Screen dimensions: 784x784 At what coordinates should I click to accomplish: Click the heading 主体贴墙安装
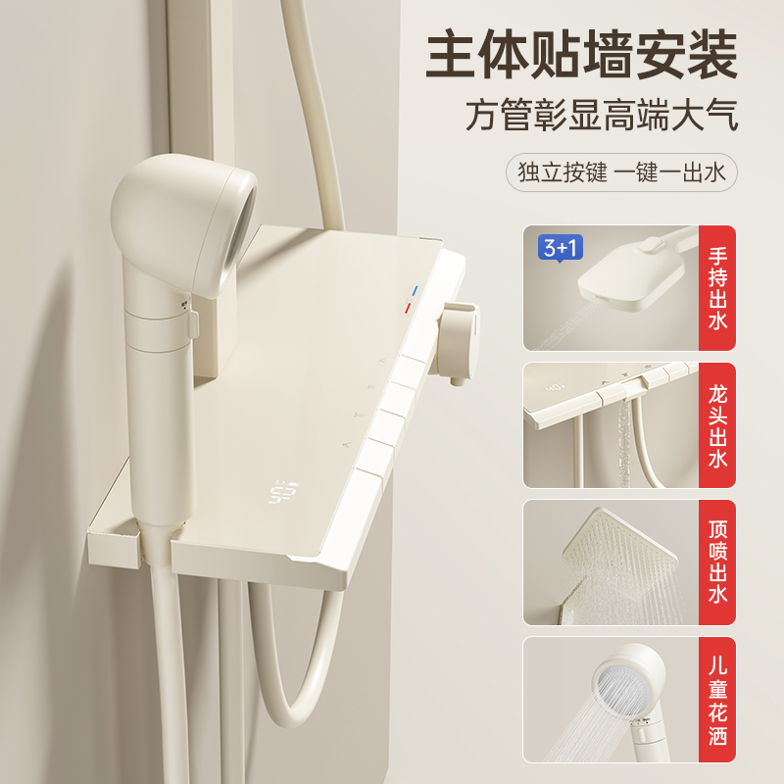click(x=581, y=57)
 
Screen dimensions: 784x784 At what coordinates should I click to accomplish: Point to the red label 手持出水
click(x=717, y=288)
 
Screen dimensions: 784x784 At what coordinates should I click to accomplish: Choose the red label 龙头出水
click(x=717, y=424)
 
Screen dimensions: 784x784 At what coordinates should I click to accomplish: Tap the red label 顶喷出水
click(x=717, y=562)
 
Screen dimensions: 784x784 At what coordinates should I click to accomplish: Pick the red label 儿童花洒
click(x=717, y=700)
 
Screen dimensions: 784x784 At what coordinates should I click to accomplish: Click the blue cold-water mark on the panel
click(x=416, y=292)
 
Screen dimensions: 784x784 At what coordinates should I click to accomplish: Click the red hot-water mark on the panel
click(x=406, y=310)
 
